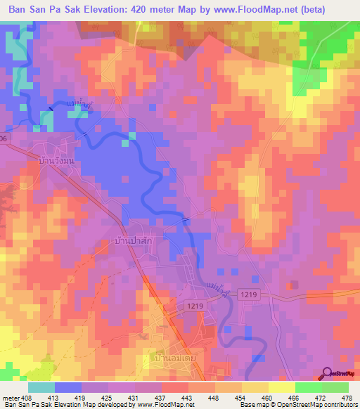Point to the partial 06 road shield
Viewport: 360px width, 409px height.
(x=4, y=138)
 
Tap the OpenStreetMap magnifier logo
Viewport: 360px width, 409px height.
(x=327, y=374)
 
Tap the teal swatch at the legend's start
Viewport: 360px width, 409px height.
(x=41, y=387)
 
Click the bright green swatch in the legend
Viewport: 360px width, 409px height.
(x=308, y=387)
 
